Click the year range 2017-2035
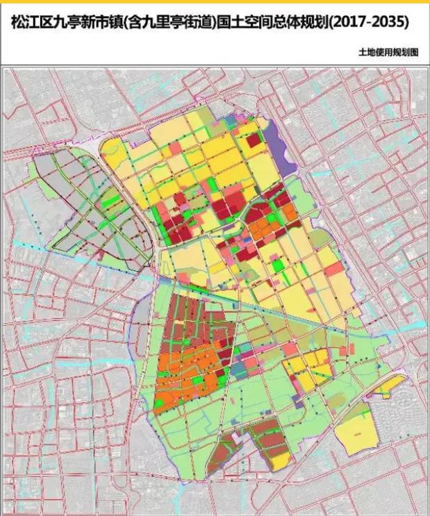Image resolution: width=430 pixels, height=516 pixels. (369, 23)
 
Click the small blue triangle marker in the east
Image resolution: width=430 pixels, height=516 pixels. (379, 368)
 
